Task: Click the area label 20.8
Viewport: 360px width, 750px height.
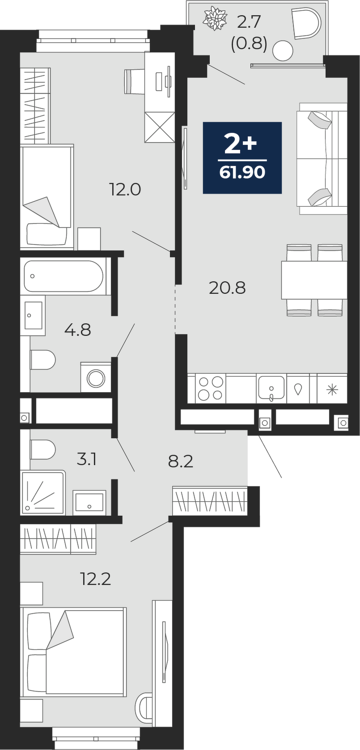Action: coord(227,288)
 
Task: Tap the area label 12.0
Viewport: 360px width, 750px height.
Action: coord(125,190)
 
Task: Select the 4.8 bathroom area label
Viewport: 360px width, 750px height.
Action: coord(77,330)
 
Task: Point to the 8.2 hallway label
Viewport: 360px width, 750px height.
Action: coord(180,462)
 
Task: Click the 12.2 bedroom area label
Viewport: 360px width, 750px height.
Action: coord(95,579)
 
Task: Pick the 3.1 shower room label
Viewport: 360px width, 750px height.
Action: coord(87,460)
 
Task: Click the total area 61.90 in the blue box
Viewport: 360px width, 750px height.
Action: coord(242,172)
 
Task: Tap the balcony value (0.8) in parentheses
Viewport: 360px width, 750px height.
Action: coord(249,43)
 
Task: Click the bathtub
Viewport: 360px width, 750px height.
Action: coord(64,276)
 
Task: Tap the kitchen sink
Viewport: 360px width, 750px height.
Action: coord(271,388)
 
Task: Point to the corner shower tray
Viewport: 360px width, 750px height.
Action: coord(43,492)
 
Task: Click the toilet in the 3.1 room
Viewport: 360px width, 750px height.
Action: coord(42,449)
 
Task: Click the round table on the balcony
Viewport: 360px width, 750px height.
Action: coord(283,51)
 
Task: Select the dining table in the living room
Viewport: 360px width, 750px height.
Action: coord(314,280)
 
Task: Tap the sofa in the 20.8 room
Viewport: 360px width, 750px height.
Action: coord(322,158)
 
